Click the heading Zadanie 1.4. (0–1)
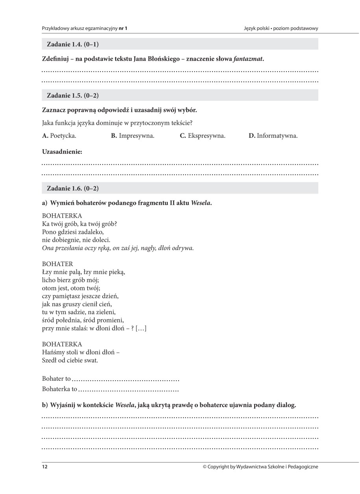[73, 44]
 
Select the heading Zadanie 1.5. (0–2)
[73, 95]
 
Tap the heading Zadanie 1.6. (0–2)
[73, 188]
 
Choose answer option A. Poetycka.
[59, 136]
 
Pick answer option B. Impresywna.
[133, 136]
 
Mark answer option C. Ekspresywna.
[203, 136]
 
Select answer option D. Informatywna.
[273, 136]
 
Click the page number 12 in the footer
[45, 467]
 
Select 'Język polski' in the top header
[257, 28]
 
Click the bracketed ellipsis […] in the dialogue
[141, 328]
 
